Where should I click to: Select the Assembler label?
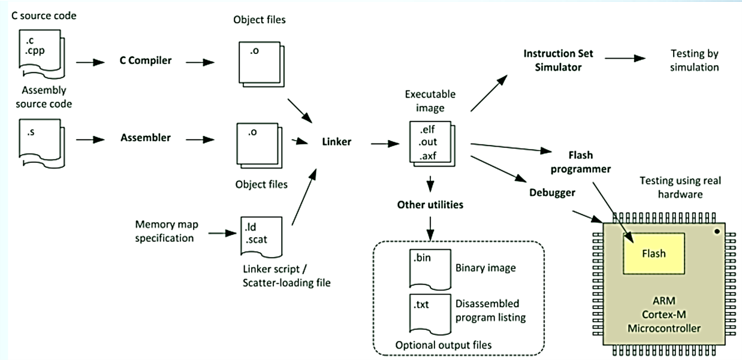[146, 138]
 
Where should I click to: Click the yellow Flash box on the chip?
[653, 253]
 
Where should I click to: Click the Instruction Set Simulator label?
[558, 60]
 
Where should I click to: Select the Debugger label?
[552, 192]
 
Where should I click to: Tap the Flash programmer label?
[580, 162]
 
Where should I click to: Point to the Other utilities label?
[430, 205]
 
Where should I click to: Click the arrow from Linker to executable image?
[385, 144]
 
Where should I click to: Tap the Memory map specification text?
[166, 231]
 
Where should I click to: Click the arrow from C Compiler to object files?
[200, 61]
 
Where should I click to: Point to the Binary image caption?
[484, 268]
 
